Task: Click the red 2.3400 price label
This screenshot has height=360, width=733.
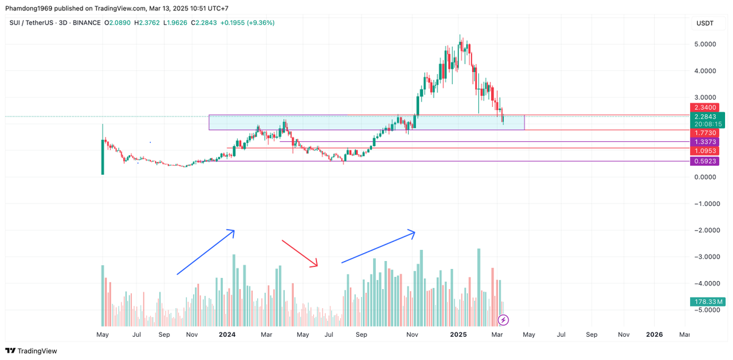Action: pyautogui.click(x=704, y=108)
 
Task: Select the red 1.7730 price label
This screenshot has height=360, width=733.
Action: pyautogui.click(x=704, y=133)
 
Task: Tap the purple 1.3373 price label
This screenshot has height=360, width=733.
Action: pyautogui.click(x=704, y=142)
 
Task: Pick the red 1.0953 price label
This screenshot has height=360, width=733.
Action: pyautogui.click(x=704, y=151)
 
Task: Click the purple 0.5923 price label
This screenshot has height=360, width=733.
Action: pyautogui.click(x=704, y=161)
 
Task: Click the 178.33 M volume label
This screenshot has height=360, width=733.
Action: pyautogui.click(x=707, y=302)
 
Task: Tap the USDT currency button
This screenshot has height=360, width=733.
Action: pyautogui.click(x=704, y=23)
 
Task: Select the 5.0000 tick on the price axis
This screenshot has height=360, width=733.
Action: pyautogui.click(x=705, y=44)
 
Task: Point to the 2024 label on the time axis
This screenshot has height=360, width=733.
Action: pyautogui.click(x=227, y=334)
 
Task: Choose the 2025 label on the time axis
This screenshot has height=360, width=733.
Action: pyautogui.click(x=458, y=334)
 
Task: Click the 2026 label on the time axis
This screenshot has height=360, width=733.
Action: pyautogui.click(x=654, y=334)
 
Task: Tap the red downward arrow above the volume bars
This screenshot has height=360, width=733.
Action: pyautogui.click(x=300, y=254)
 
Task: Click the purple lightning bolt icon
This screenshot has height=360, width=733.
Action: pyautogui.click(x=503, y=320)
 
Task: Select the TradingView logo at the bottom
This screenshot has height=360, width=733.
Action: pyautogui.click(x=31, y=351)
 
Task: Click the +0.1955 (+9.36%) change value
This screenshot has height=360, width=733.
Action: pyautogui.click(x=247, y=23)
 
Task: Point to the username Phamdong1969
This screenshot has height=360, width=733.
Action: pyautogui.click(x=29, y=8)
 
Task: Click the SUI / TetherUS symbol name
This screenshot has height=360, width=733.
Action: pyautogui.click(x=31, y=23)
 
